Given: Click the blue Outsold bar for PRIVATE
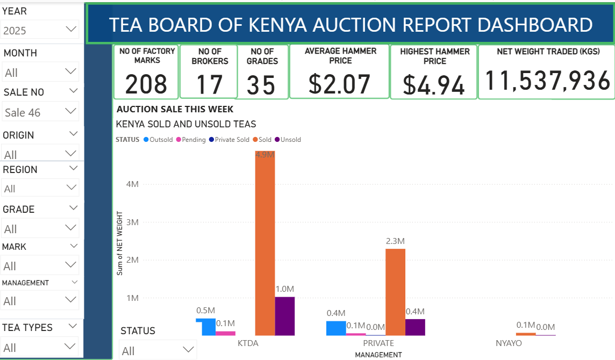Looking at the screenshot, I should (336, 328).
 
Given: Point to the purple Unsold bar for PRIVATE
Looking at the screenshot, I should (415, 327).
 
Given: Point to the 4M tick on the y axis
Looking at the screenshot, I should (132, 184).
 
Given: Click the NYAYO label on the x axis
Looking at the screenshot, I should (508, 343).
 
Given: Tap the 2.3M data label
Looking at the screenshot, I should (395, 241).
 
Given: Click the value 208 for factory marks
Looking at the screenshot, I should (146, 84).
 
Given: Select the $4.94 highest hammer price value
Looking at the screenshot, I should (434, 85).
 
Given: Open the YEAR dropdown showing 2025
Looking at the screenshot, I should (40, 30).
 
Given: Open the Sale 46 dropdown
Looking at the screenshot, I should (40, 112).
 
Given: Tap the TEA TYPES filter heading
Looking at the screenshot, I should (27, 327).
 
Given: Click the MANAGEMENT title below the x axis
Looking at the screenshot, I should (378, 355).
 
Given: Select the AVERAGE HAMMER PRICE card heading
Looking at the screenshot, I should (340, 56).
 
